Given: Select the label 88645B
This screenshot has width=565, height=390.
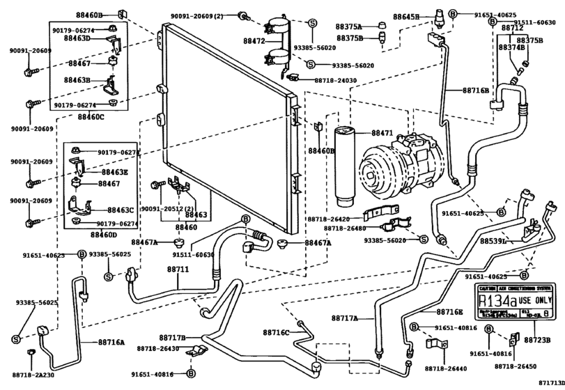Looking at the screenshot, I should pos(406,16).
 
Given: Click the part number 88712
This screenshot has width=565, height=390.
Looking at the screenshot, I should pos(512,28).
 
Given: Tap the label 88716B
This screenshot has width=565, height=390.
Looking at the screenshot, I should pos(476,91).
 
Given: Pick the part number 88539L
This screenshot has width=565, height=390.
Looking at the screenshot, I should pos(493,242).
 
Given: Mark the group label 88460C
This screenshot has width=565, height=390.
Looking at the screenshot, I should pos(88,116).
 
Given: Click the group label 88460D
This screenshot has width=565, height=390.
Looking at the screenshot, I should pos(88,235).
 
